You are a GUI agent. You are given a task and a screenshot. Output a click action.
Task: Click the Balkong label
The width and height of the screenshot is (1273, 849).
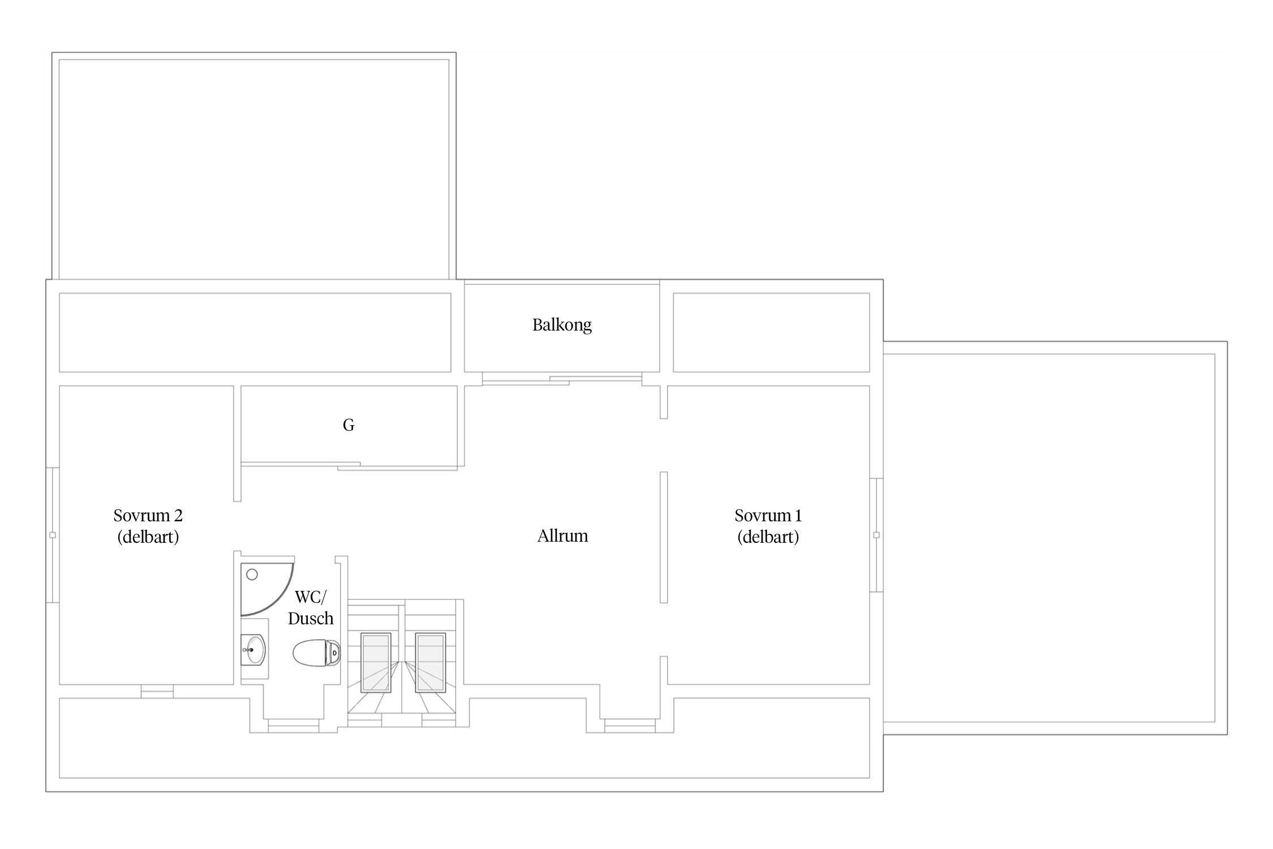point(562,325)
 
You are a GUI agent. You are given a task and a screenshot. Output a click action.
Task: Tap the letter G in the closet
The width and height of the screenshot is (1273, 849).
point(349,425)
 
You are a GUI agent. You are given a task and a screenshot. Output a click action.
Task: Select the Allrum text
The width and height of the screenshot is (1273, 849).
point(562,535)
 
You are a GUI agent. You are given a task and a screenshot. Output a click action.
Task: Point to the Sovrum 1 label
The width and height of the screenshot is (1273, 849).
point(768,526)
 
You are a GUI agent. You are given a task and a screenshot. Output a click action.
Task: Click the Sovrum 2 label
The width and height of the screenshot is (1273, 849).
point(148,526)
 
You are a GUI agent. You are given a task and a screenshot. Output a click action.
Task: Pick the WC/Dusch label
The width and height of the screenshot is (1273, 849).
point(311,607)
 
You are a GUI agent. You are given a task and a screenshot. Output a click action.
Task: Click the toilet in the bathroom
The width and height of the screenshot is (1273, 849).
point(317,653)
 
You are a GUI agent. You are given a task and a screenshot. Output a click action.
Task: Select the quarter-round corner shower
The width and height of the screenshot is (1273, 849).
point(266,589)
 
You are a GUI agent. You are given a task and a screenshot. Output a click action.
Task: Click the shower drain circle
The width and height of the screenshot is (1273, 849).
point(252,574)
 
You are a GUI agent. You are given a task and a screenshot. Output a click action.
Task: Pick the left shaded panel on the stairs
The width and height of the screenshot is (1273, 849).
point(376,662)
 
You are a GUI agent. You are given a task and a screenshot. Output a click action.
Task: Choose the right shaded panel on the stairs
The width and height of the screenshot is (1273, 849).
point(431,662)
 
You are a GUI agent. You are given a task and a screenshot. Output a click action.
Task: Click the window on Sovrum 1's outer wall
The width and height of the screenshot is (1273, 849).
point(876,535)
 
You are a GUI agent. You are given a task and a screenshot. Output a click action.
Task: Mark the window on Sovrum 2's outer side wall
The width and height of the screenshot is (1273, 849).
point(53,535)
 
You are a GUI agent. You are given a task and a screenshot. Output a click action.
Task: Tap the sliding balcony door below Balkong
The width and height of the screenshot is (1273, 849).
point(562,379)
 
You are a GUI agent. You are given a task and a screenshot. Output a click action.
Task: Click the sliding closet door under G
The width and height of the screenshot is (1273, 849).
point(349,466)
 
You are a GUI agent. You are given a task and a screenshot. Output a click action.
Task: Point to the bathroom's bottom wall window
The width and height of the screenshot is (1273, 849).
point(294,726)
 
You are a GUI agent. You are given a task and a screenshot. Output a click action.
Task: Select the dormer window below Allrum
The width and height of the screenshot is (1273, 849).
point(630,726)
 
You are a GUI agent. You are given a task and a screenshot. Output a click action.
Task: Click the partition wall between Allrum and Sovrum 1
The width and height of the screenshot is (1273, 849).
point(664,537)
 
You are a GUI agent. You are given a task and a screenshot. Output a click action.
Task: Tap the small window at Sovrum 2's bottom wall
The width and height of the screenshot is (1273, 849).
point(157,691)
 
